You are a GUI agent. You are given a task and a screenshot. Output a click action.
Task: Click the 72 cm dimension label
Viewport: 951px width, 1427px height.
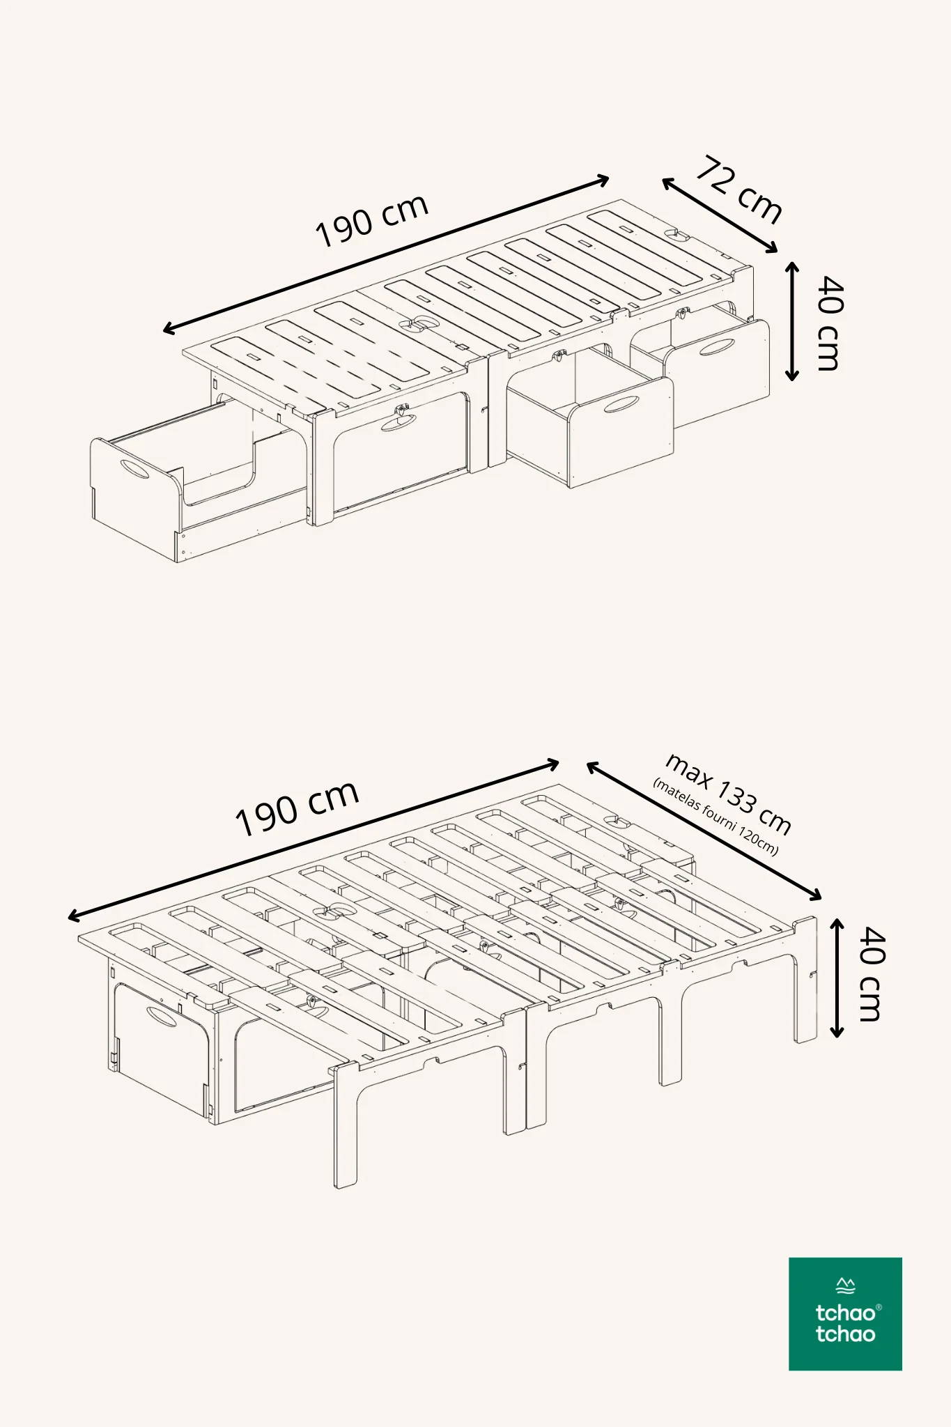[739, 190]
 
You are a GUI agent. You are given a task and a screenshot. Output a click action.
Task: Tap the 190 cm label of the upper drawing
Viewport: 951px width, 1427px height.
[371, 220]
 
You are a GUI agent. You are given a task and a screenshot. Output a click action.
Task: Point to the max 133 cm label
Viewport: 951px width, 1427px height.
[729, 794]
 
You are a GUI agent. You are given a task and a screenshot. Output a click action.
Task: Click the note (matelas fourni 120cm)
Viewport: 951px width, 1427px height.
[716, 816]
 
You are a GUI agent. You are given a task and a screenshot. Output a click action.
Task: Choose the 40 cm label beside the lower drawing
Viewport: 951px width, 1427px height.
[871, 973]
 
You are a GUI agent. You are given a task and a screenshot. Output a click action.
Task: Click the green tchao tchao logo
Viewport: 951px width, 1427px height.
[845, 1313]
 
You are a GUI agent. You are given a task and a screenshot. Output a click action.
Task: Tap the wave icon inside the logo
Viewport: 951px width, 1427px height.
[845, 1285]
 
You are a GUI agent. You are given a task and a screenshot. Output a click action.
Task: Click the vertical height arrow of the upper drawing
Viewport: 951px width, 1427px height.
[792, 321]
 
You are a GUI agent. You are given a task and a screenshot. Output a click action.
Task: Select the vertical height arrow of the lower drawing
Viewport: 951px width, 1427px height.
[837, 978]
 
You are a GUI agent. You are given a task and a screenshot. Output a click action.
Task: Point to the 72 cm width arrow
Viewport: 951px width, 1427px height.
[720, 215]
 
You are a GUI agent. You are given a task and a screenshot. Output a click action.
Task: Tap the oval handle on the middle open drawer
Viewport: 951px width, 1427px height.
[621, 404]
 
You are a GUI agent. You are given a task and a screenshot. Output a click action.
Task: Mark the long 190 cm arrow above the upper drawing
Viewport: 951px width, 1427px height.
[386, 255]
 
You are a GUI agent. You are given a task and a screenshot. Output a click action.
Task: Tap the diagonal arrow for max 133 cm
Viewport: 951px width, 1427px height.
[704, 831]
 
